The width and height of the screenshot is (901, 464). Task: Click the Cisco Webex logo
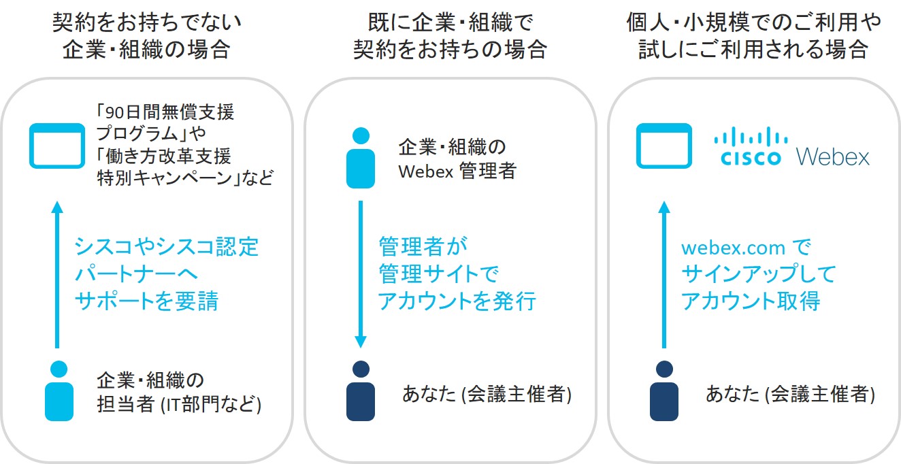[x=791, y=146]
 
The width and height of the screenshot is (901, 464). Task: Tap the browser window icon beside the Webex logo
[x=664, y=146]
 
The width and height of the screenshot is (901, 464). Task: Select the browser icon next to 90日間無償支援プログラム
[x=57, y=146]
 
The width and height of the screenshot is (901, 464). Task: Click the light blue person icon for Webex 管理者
[x=361, y=158]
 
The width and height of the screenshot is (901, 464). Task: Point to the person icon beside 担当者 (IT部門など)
[x=59, y=391]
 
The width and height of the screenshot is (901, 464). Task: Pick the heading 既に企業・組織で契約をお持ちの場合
[x=450, y=37]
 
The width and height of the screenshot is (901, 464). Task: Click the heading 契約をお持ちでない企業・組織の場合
[x=146, y=37]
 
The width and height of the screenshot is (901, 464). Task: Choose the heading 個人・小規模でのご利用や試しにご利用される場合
[x=753, y=37]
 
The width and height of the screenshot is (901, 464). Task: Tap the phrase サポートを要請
[x=146, y=301]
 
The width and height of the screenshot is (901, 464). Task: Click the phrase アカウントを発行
[x=457, y=301]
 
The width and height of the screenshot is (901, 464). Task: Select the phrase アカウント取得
[x=751, y=301]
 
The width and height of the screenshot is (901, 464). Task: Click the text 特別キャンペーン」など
[x=185, y=179]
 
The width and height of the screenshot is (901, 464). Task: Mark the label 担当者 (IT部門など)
[x=180, y=404]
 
